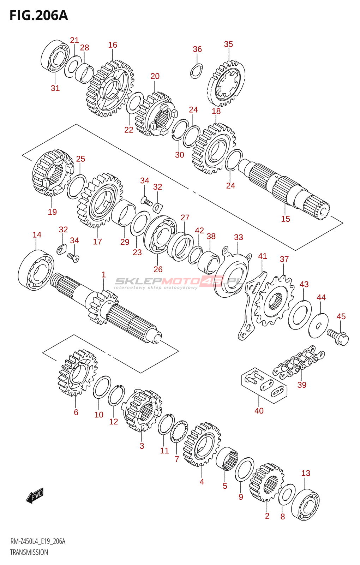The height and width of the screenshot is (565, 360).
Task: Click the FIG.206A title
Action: (x=39, y=16)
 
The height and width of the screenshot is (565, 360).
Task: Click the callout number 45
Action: (x=341, y=316)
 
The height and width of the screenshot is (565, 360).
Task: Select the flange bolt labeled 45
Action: (x=338, y=337)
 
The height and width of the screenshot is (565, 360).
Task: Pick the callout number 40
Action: (x=259, y=411)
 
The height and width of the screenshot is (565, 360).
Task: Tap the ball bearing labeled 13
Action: (x=306, y=505)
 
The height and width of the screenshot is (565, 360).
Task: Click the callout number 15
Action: (x=286, y=219)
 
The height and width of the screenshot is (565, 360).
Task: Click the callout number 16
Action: (x=113, y=45)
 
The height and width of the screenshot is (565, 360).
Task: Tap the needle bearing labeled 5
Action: (x=227, y=459)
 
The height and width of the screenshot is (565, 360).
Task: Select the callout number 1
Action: (x=103, y=274)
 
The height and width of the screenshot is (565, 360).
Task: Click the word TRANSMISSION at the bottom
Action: (x=29, y=552)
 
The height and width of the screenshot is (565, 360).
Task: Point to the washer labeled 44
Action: (x=318, y=325)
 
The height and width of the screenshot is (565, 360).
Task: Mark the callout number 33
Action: (x=239, y=237)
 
